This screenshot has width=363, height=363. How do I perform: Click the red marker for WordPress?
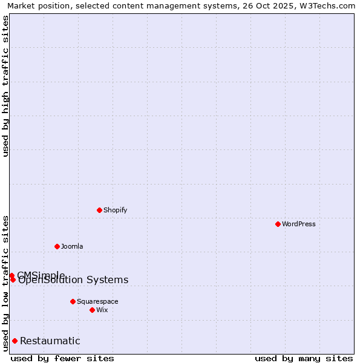(278, 224)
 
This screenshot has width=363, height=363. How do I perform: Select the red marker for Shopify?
(99, 210)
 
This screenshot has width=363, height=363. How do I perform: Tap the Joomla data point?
(57, 246)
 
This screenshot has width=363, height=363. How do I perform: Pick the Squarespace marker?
(73, 301)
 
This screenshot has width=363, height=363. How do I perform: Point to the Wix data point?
(92, 310)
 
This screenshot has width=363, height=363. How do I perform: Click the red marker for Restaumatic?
(15, 341)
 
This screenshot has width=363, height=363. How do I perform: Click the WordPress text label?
(299, 224)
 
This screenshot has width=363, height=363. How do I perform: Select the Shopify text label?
(115, 210)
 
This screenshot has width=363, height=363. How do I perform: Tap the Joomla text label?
(72, 246)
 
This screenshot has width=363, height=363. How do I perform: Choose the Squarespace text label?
(97, 301)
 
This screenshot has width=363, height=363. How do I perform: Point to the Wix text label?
(102, 310)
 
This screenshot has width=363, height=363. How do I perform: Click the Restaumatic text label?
(50, 341)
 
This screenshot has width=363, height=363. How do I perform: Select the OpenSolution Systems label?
(73, 280)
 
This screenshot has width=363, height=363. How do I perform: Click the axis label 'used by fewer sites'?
(62, 358)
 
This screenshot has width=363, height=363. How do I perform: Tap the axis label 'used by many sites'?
(304, 358)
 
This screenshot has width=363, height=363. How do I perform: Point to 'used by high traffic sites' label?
(6, 86)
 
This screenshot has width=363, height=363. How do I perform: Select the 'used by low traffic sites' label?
(6, 283)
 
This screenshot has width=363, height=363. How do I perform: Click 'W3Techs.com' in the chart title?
(330, 5)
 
